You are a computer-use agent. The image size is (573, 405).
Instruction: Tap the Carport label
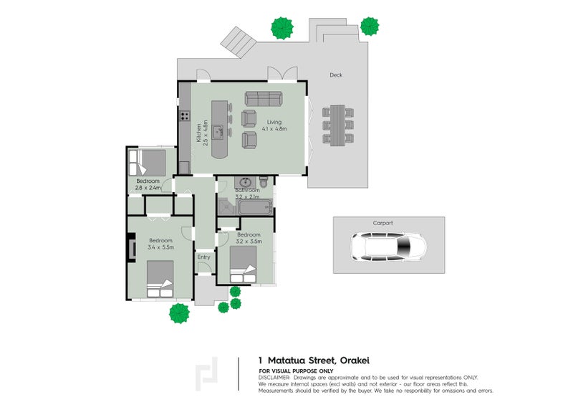[x=382, y=223]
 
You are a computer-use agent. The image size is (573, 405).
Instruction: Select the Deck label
[x=336, y=75]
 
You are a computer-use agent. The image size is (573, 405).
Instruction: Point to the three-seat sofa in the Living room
[x=264, y=99]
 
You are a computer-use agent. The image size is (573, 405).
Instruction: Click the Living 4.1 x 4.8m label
[x=274, y=125]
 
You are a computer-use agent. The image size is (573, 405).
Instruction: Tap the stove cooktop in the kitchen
[x=184, y=115]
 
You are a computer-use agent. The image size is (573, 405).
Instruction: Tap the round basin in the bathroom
[x=246, y=182]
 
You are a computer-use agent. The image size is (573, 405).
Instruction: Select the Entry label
[x=204, y=257]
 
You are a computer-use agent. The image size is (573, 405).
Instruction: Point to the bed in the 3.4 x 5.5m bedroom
[x=161, y=277]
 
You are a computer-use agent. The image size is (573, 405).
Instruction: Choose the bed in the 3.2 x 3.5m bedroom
[x=243, y=267]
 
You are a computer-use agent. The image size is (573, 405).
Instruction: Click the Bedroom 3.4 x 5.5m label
[x=160, y=244]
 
